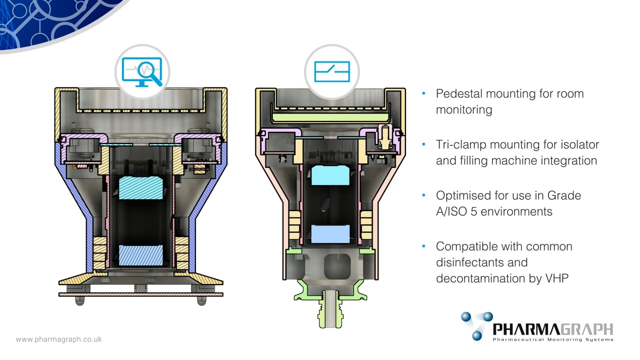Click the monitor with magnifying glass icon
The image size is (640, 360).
(142, 71)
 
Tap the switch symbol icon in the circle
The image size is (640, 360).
(332, 71)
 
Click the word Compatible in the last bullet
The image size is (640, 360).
(468, 246)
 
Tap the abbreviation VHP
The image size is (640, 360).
(555, 278)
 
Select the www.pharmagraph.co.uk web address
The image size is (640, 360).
(58, 339)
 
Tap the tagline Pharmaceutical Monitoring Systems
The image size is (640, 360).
(552, 340)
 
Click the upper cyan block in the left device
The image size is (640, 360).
(141, 187)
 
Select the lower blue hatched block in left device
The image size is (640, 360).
(141, 254)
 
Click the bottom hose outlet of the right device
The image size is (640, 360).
(330, 312)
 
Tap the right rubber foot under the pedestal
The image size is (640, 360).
(201, 300)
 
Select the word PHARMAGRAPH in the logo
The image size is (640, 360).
(552, 329)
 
